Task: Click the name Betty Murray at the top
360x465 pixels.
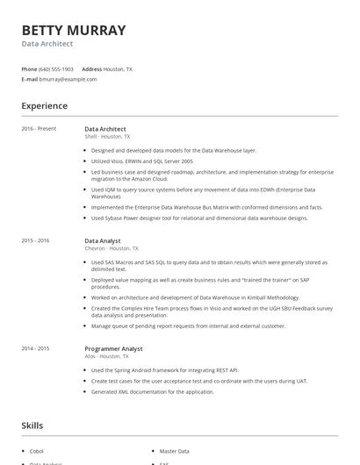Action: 74,31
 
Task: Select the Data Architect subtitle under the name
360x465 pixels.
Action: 47,44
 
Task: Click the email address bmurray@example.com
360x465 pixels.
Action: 68,79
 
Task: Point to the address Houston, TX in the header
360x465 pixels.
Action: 118,68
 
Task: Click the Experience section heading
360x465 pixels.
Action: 44,106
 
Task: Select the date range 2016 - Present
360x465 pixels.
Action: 39,129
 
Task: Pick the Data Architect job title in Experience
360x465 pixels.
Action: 105,129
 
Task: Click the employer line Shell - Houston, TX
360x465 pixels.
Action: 107,137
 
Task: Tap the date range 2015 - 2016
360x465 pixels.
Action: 35,240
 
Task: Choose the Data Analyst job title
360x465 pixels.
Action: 103,240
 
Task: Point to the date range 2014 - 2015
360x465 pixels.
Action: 35,348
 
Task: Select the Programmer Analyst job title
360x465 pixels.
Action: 113,348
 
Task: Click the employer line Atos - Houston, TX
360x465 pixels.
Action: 106,356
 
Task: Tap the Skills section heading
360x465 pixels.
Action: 32,426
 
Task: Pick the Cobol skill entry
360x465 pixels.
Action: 37,451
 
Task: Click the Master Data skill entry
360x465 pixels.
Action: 174,451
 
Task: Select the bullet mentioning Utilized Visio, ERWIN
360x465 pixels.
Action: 141,161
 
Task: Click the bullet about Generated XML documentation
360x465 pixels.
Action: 152,391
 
